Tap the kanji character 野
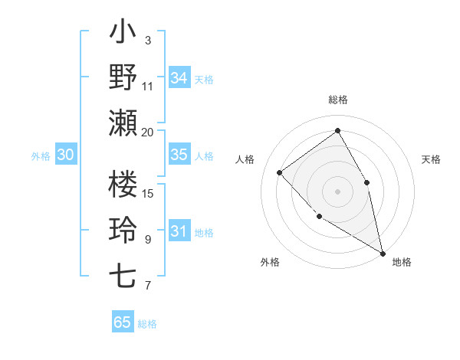pyautogui.click(x=123, y=77)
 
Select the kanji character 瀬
pyautogui.click(x=123, y=123)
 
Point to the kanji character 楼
pyautogui.click(x=123, y=184)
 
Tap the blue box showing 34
pyautogui.click(x=179, y=77)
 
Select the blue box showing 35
pyautogui.click(x=179, y=154)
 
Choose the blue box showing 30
pyautogui.click(x=66, y=154)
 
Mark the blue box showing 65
pyautogui.click(x=123, y=322)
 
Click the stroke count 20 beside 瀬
pyautogui.click(x=148, y=132)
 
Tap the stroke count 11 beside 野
pyautogui.click(x=148, y=86)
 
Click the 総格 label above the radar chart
pyautogui.click(x=338, y=100)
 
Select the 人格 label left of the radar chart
pyautogui.click(x=245, y=159)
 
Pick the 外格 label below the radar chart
pyautogui.click(x=270, y=262)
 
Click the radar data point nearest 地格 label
pyautogui.click(x=383, y=254)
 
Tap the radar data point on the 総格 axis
pyautogui.click(x=338, y=130)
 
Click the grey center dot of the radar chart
pyautogui.click(x=338, y=191)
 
